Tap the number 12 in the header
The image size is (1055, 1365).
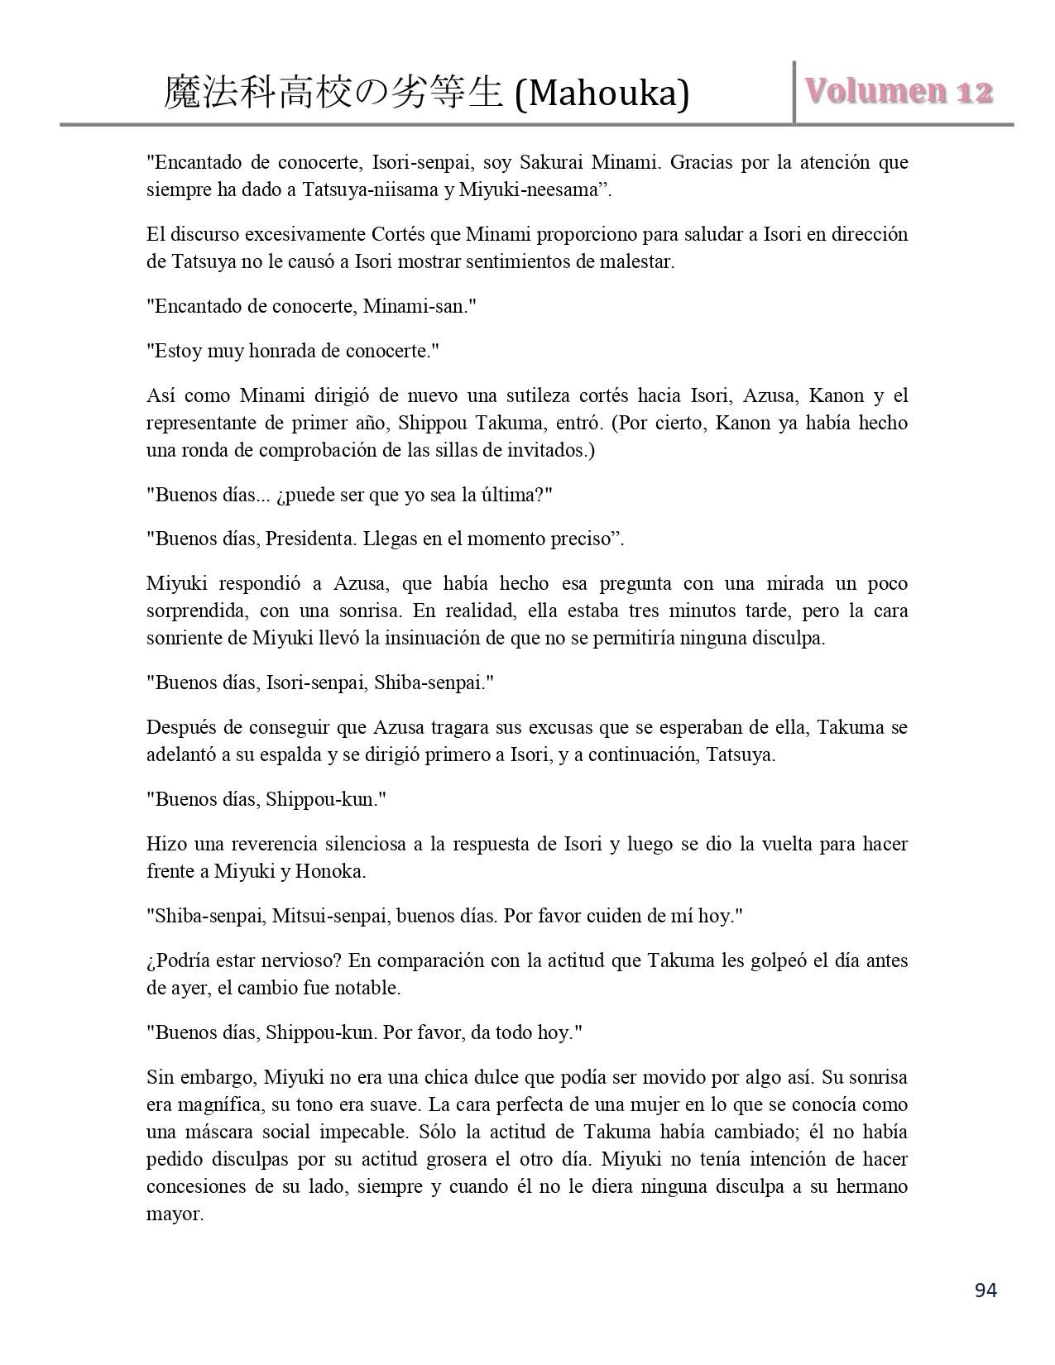click(x=973, y=91)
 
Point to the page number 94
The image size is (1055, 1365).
click(x=985, y=1290)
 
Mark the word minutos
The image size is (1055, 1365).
click(x=708, y=611)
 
